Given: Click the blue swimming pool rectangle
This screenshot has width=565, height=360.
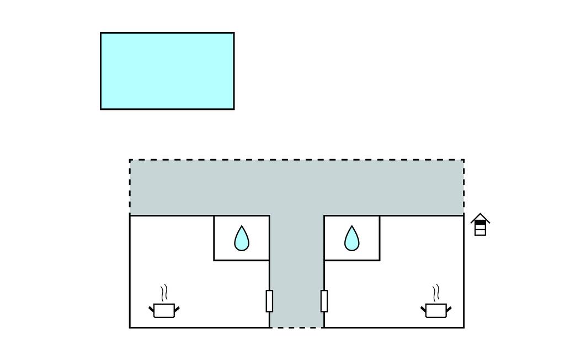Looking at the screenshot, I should tap(167, 71).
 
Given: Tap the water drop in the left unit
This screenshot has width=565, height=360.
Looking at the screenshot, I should tap(242, 239).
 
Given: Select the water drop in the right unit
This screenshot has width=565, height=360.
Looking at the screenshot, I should tap(351, 239).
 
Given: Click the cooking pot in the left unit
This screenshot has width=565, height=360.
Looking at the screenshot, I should tap(164, 310).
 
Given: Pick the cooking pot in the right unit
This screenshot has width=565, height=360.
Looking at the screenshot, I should tap(436, 310).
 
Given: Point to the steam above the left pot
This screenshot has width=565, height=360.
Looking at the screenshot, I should tap(163, 293).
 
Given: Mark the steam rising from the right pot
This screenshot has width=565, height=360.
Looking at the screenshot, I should tap(436, 293).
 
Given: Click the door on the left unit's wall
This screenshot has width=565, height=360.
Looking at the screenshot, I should tap(269, 301).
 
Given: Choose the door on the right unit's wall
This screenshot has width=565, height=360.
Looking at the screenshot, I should tap(324, 301).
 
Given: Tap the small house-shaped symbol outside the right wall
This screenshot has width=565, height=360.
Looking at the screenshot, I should tap(480, 225).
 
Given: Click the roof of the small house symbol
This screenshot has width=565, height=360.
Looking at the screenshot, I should tap(480, 218).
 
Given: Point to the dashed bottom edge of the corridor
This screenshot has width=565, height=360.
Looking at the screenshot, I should tap(296, 327).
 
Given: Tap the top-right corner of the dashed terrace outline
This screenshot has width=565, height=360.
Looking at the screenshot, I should tap(463, 160).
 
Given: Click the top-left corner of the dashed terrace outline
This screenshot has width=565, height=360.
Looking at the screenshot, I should tap(130, 160).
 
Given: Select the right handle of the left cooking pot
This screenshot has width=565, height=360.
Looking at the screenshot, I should tap(177, 308).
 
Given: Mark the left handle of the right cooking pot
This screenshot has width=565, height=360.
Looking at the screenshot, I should tap(423, 308).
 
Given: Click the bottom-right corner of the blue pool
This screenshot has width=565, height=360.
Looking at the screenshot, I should tap(233, 109).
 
